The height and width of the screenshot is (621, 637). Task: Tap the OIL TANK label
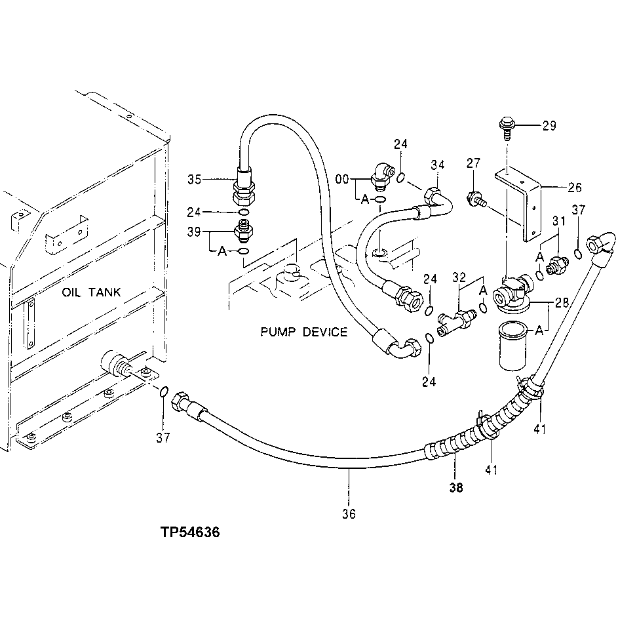[x=91, y=292]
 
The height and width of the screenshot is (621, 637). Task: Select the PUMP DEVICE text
[x=303, y=332]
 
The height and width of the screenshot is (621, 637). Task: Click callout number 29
[x=549, y=125]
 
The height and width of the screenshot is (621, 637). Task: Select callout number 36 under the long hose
[x=349, y=514]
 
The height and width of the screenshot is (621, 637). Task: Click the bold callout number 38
[x=455, y=487]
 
